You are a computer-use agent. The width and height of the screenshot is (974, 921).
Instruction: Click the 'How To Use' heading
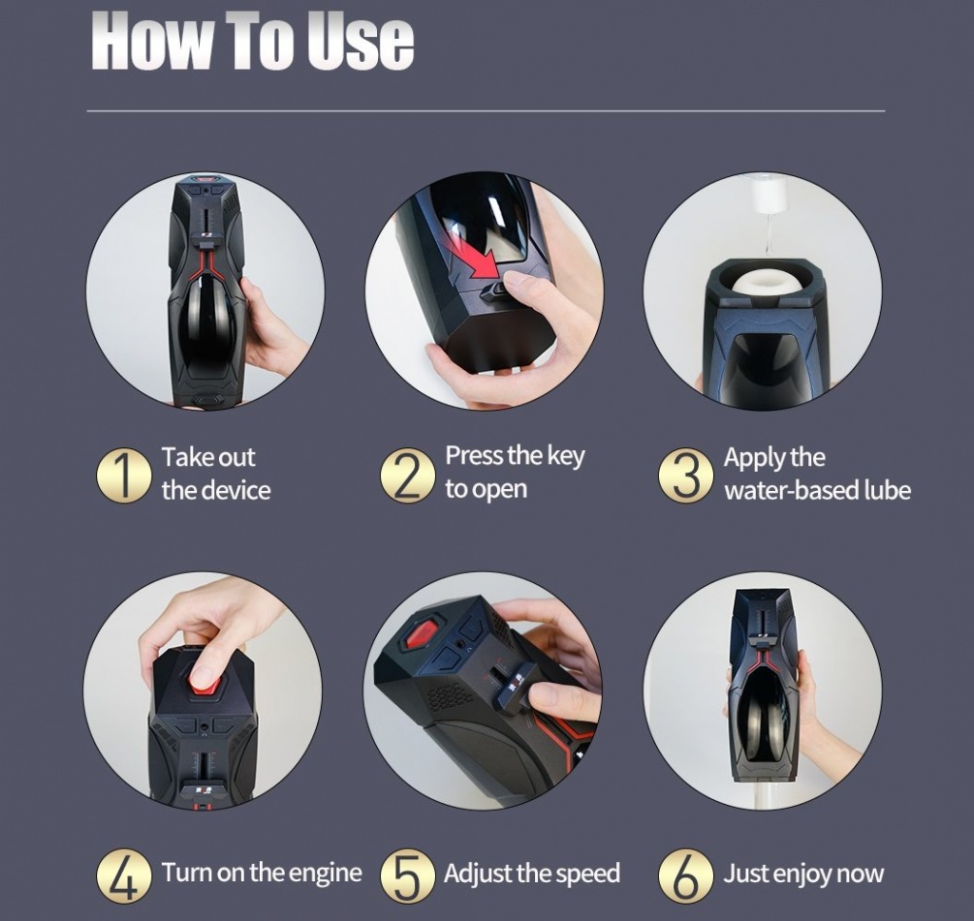(253, 40)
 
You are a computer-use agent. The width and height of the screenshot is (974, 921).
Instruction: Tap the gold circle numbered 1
(124, 475)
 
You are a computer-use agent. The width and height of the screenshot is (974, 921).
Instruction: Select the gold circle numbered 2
(407, 475)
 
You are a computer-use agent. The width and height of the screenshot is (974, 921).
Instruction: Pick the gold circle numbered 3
(686, 475)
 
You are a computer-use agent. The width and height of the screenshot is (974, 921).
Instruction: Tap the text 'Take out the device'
(215, 474)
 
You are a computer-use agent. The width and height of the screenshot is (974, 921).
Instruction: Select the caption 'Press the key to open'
(515, 472)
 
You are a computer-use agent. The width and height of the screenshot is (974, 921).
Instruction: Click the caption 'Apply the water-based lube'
(817, 474)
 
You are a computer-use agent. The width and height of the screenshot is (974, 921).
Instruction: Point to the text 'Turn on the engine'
(262, 873)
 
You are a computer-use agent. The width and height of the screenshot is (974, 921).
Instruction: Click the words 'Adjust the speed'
(531, 874)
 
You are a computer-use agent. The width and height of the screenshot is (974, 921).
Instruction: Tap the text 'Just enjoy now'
(803, 874)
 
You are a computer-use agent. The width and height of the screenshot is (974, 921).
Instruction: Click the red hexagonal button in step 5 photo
(421, 635)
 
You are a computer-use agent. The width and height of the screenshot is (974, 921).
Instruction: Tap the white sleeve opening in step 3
(764, 282)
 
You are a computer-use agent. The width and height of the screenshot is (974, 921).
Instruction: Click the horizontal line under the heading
(486, 111)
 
